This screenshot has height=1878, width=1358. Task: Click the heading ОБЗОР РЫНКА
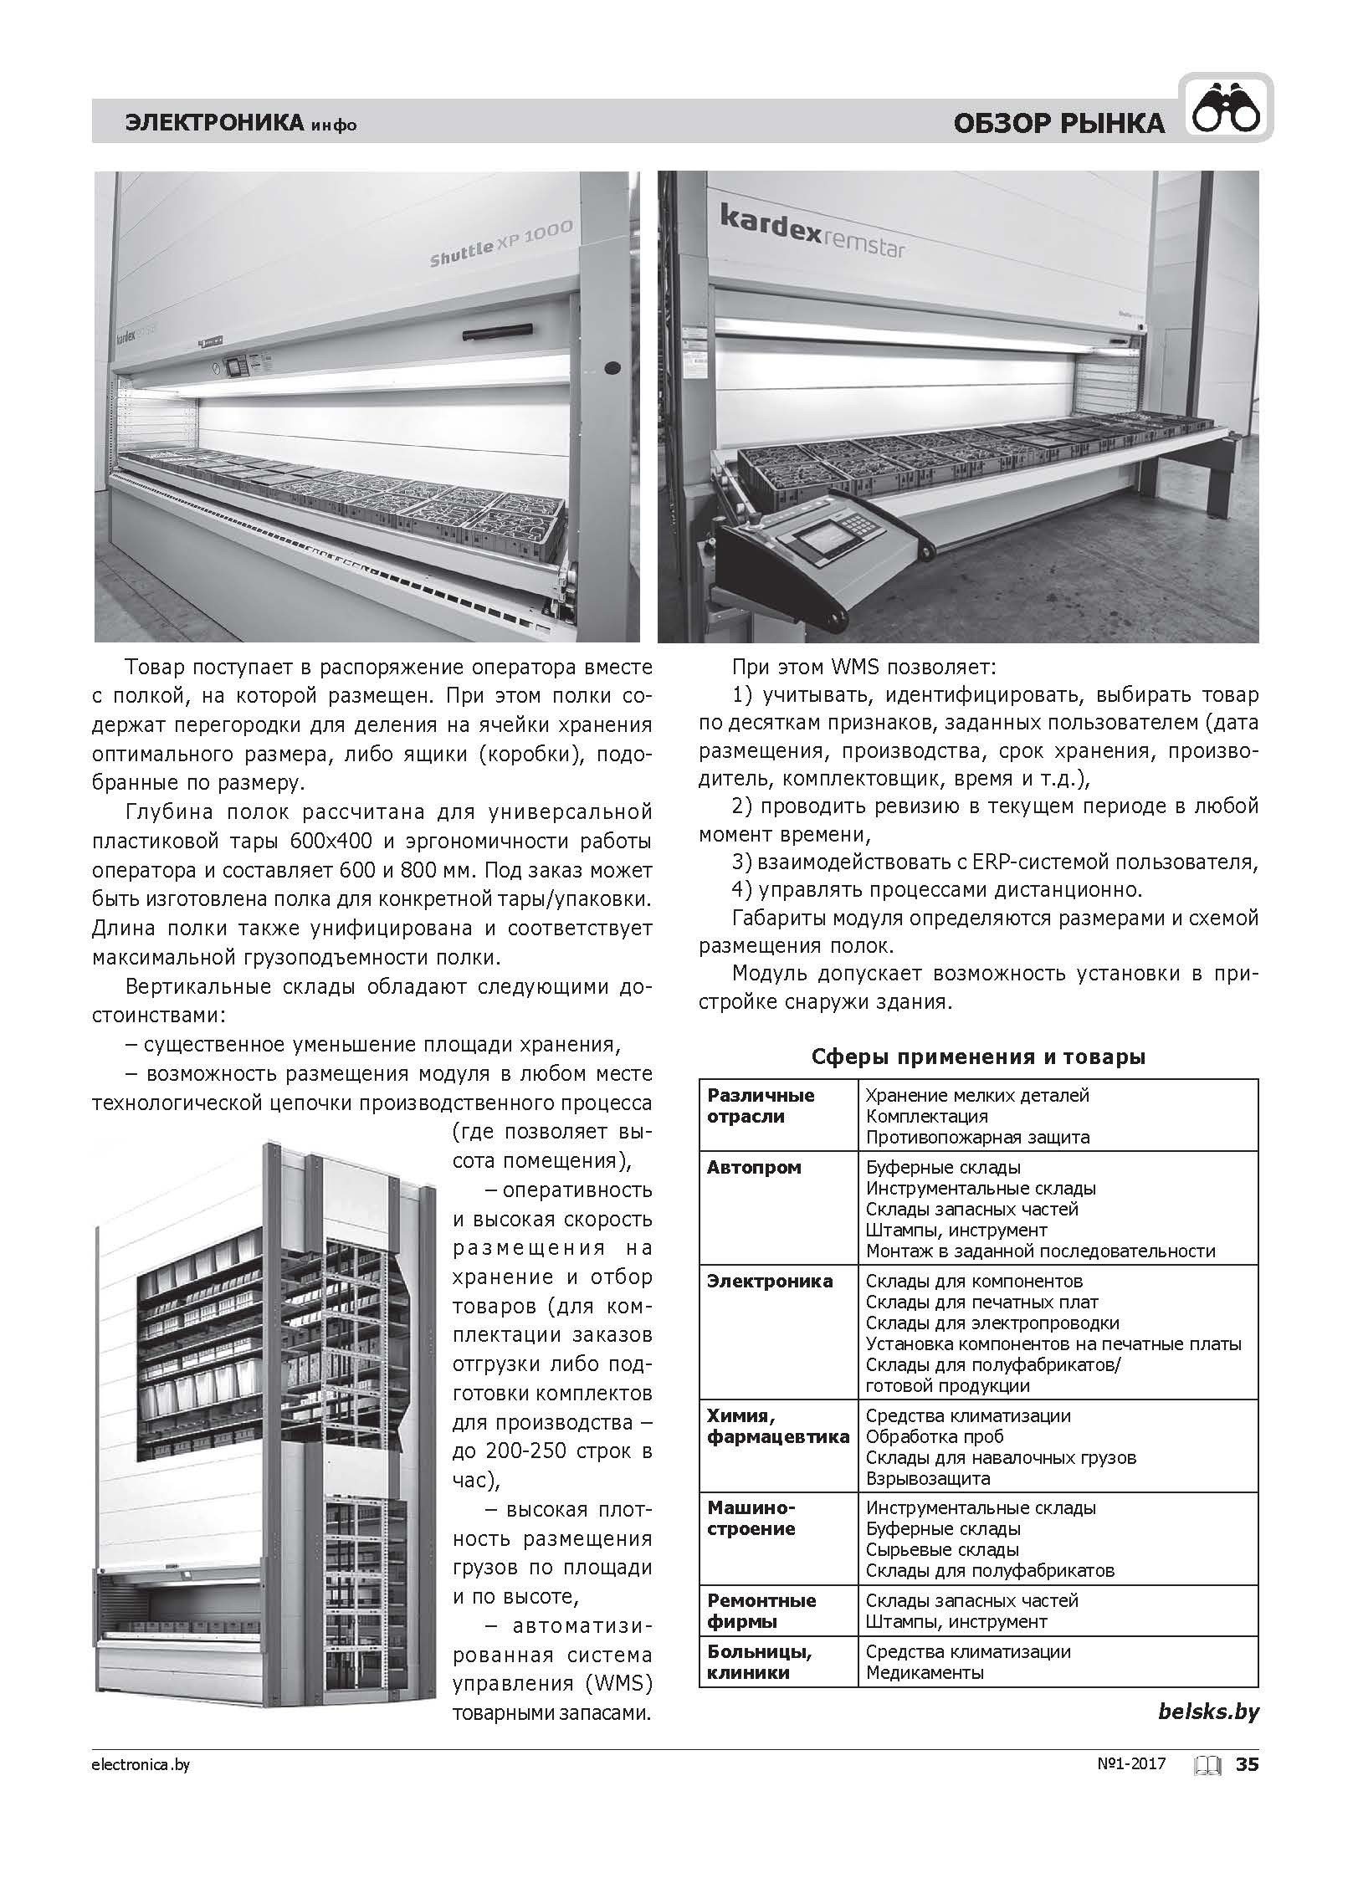(x=1058, y=124)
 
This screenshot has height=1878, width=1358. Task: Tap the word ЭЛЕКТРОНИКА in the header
(x=213, y=123)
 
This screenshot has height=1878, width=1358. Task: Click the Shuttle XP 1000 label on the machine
(x=501, y=244)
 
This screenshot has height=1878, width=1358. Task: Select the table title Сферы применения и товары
(x=978, y=1057)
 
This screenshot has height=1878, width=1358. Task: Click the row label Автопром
(x=754, y=1167)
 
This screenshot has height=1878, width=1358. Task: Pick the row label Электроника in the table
(x=770, y=1281)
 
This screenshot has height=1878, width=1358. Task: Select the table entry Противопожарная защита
(x=977, y=1137)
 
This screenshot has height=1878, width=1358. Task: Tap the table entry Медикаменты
(x=925, y=1672)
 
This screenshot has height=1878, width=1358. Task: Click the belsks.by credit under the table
(x=1208, y=1712)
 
